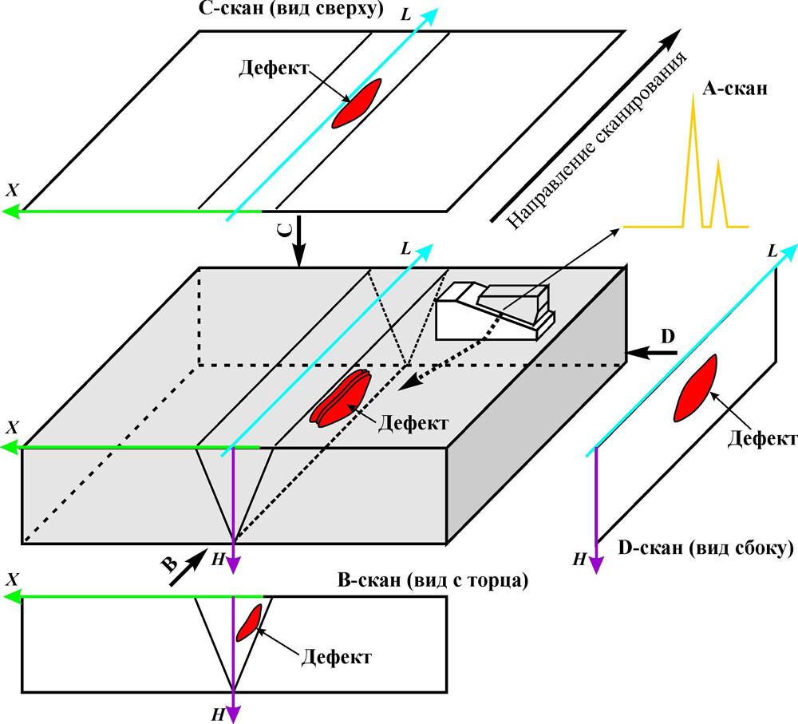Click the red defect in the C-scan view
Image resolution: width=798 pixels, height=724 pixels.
tap(357, 103)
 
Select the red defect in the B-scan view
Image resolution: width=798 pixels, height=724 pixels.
tap(251, 620)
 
